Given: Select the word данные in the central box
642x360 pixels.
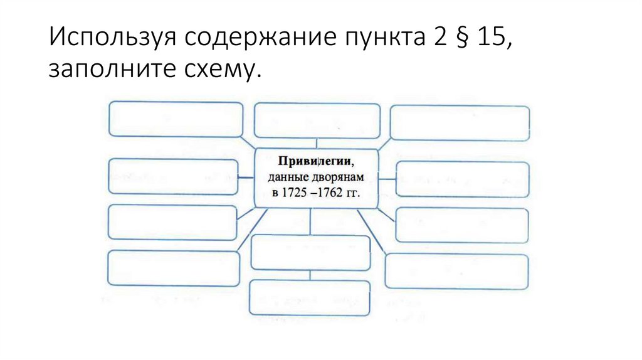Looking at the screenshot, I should tap(289, 177).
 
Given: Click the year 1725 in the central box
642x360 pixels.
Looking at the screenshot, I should tap(296, 193).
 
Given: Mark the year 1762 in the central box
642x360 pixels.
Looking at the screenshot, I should tap(330, 193).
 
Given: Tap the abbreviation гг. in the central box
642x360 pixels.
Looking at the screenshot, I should tap(354, 193).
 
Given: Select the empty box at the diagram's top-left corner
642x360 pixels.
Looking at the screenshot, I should tap(176, 119).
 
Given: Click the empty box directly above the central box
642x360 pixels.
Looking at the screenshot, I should tap(317, 120).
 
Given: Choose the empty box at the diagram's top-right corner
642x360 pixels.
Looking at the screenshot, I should tap(460, 122).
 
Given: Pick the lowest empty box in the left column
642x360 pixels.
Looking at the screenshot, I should tap(174, 268).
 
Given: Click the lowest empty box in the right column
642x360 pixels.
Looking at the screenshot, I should tap(457, 271).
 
